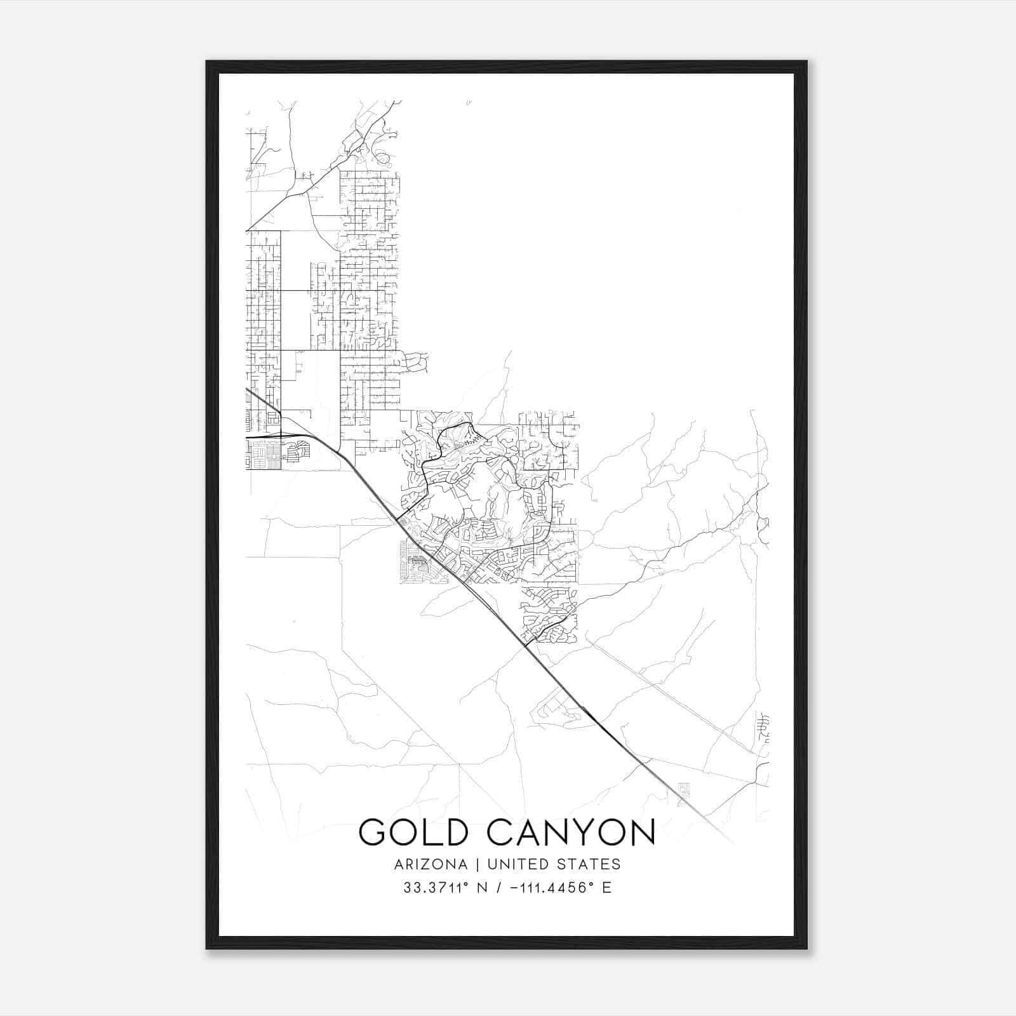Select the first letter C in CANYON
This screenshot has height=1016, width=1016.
(x=502, y=832)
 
